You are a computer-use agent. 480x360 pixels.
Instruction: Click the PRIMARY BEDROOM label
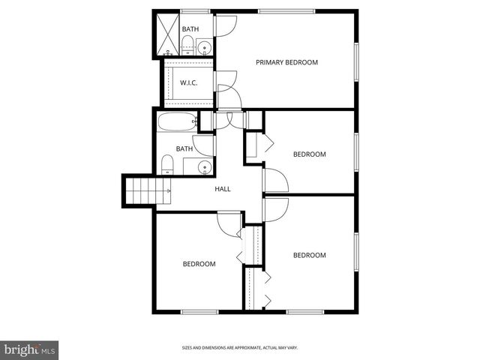point(286,62)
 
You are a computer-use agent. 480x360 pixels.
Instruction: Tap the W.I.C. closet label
point(188,82)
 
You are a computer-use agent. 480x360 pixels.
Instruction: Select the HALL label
point(223,189)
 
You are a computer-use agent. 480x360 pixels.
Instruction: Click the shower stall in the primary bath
point(166,33)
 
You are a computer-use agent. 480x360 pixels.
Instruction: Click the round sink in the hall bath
point(202,166)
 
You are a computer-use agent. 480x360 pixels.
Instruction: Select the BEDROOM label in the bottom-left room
point(199,264)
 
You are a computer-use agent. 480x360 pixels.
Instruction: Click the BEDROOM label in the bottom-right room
point(309,255)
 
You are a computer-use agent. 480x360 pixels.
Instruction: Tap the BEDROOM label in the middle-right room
point(309,154)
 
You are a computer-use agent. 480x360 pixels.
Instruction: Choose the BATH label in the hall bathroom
point(184,148)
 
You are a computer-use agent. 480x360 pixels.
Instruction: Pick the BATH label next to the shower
point(190,29)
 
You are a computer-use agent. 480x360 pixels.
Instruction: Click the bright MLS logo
point(30,349)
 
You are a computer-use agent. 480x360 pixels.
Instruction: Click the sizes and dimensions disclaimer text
point(239,347)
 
